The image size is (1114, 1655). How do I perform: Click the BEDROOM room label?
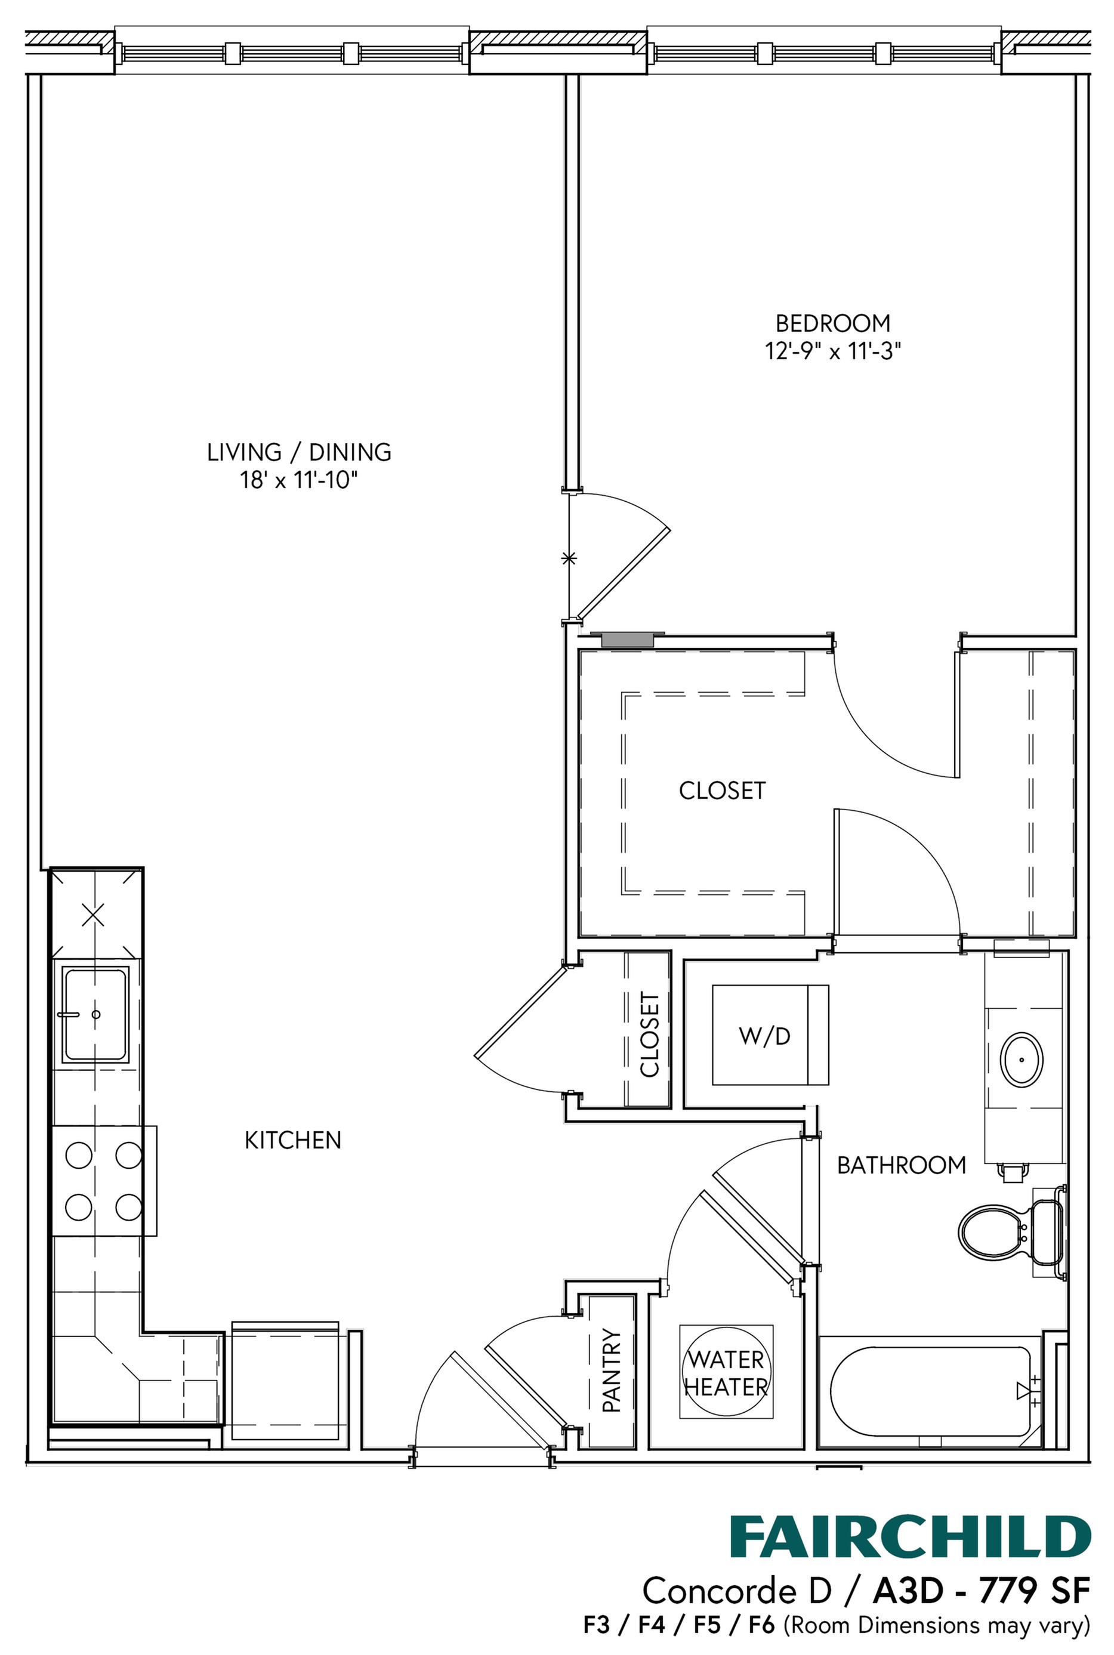[832, 324]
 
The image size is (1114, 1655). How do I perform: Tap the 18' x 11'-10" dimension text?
[298, 481]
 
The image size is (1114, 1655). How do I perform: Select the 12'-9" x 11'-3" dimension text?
[832, 351]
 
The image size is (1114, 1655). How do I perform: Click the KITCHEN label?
[293, 1140]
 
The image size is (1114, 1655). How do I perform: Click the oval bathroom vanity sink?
[1022, 1059]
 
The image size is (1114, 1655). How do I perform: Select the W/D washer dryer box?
[770, 1036]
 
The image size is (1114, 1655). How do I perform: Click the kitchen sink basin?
[95, 1014]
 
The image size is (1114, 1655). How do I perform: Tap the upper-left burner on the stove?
[79, 1154]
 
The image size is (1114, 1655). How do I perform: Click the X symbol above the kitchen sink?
[93, 915]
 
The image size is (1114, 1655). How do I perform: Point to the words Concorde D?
[736, 1591]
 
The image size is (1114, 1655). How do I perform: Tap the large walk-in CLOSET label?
[722, 791]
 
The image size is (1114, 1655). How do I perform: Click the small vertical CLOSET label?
[649, 1035]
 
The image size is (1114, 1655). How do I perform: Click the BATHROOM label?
[901, 1165]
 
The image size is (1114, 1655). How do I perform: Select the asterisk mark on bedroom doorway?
[569, 558]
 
